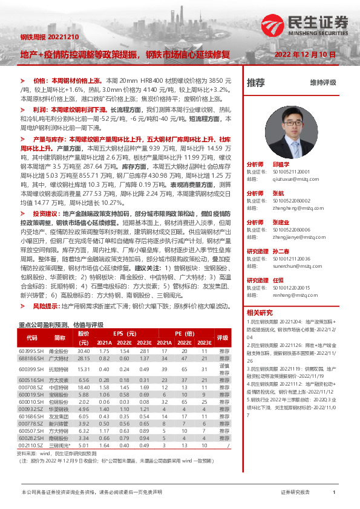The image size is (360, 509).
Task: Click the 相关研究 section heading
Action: coord(260,313)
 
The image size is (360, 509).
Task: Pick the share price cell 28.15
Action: coord(83,358)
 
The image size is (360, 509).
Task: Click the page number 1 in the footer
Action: coord(334,493)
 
